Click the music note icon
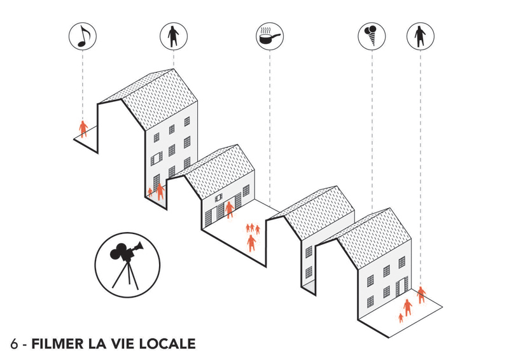click(x=83, y=36)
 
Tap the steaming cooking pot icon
click(x=269, y=36)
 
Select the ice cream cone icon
click(x=372, y=36)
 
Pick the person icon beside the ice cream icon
click(x=421, y=36)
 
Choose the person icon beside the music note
click(x=173, y=36)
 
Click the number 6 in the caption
click(x=14, y=344)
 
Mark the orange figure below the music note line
click(x=83, y=129)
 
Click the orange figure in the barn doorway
click(x=230, y=209)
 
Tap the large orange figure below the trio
click(x=251, y=243)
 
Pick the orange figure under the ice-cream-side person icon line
click(x=421, y=294)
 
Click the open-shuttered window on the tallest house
click(x=157, y=159)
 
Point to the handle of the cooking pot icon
click(x=276, y=35)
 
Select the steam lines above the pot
click(x=266, y=31)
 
